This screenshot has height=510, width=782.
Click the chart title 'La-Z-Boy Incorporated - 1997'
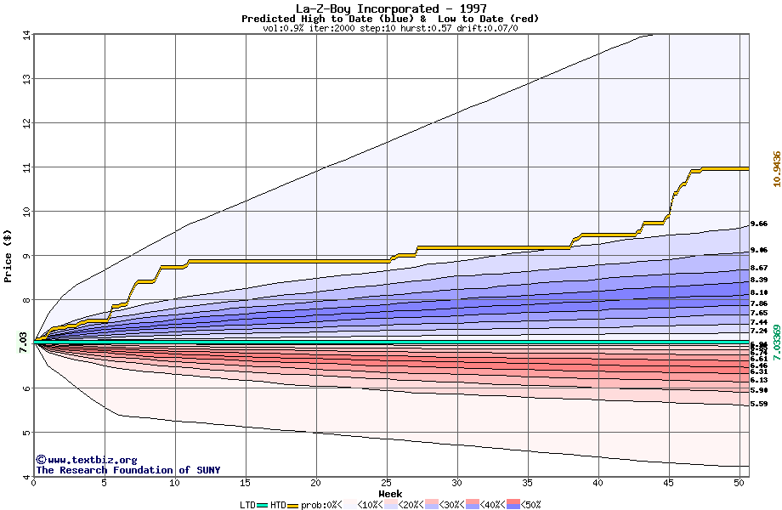pos(390,8)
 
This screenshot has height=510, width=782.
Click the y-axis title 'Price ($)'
pos(8,256)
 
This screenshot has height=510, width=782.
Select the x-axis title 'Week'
pos(390,493)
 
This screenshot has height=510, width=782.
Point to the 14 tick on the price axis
pos(25,35)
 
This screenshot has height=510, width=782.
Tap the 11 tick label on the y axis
pos(25,167)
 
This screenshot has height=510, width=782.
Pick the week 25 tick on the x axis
pos(387,483)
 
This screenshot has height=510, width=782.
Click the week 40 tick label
pos(598,483)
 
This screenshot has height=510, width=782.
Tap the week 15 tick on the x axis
pos(246,483)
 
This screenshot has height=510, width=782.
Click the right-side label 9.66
pos(759,224)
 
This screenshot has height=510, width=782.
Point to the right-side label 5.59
pos(759,405)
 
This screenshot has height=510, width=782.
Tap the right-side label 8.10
pos(759,292)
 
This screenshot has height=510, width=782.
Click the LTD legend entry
pos(248,505)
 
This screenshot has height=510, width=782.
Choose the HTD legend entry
pos(277,505)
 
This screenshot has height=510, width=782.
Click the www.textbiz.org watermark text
pos(87,460)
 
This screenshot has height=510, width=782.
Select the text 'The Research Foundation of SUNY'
pos(127,470)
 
